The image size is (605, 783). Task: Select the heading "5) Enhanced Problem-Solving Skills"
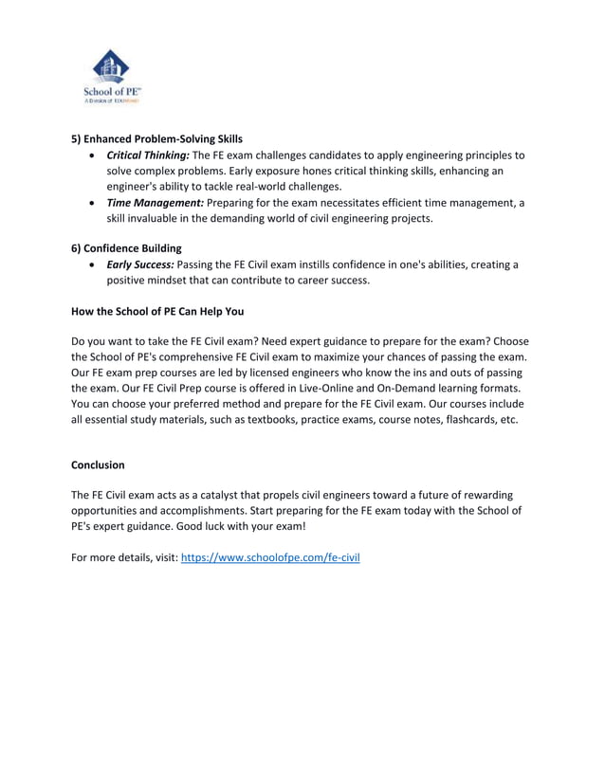(156, 138)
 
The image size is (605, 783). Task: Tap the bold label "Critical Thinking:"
(148, 155)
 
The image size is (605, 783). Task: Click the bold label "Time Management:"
(155, 203)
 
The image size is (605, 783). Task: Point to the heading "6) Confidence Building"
(126, 248)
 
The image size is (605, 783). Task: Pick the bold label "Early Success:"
(141, 264)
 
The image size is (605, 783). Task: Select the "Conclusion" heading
(98, 464)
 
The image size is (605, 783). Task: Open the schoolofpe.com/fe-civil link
(270, 556)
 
